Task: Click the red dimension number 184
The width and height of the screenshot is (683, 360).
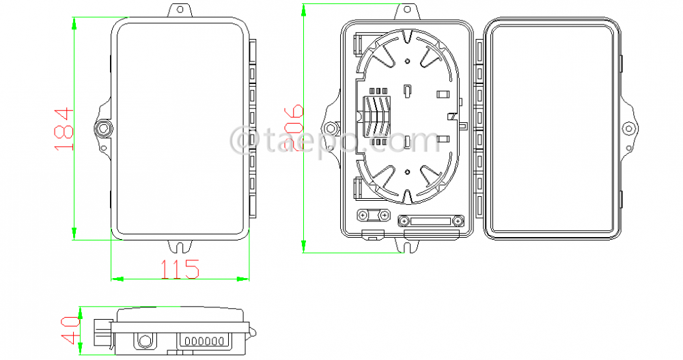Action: [62, 130]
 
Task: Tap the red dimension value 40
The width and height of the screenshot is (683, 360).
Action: [69, 330]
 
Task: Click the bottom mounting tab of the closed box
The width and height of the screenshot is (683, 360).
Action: [180, 245]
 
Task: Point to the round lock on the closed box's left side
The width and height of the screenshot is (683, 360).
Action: [104, 128]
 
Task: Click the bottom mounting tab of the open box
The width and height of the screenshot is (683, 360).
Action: [408, 245]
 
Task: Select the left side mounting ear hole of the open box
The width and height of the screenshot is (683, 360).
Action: [332, 128]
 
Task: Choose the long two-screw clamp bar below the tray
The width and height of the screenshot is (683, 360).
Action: [430, 221]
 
